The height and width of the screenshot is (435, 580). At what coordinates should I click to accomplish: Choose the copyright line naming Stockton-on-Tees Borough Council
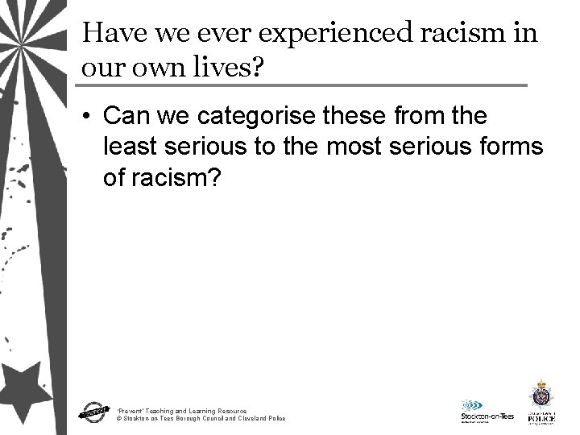coord(200,419)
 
